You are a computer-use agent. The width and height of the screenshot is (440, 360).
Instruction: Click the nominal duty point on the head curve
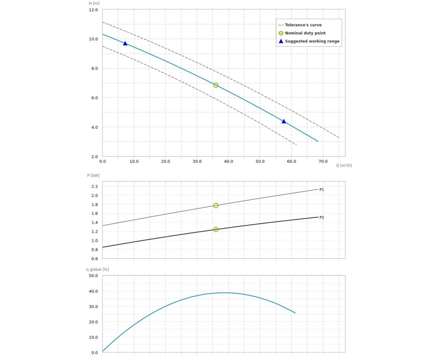pos(216,85)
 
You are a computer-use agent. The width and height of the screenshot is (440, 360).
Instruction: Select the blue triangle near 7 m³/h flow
pos(125,44)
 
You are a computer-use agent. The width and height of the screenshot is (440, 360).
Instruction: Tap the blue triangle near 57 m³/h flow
pos(284,121)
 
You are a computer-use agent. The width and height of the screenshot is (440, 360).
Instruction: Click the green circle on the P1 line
pos(216,206)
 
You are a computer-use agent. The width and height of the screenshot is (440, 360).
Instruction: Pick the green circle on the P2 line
pos(216,229)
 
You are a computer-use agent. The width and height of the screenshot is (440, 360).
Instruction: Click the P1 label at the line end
pos(322,190)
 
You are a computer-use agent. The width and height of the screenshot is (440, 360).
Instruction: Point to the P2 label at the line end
pos(322,218)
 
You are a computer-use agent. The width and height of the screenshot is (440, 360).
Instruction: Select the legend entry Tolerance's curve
pos(303,25)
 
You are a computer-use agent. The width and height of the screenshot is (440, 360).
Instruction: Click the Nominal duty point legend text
pos(305,33)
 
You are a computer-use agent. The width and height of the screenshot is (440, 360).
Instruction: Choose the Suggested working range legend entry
pos(312,41)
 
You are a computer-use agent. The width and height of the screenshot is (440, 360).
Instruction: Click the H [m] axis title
pos(94,3)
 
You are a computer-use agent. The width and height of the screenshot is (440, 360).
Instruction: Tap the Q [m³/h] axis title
pos(344,165)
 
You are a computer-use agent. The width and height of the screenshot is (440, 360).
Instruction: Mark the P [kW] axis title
pos(93,175)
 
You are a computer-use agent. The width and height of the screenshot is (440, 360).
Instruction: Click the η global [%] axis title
pos(98,270)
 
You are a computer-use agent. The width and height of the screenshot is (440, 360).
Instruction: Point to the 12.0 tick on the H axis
pos(93,10)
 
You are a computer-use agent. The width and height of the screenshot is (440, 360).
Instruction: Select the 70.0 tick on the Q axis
pos(323,161)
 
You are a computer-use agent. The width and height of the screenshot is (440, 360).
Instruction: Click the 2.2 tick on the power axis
pos(94,186)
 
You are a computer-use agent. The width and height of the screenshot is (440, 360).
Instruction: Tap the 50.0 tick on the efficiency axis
pos(93,276)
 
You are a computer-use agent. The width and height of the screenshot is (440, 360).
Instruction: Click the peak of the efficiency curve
pos(224,293)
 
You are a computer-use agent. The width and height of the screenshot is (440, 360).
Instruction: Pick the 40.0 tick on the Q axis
pos(229,161)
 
